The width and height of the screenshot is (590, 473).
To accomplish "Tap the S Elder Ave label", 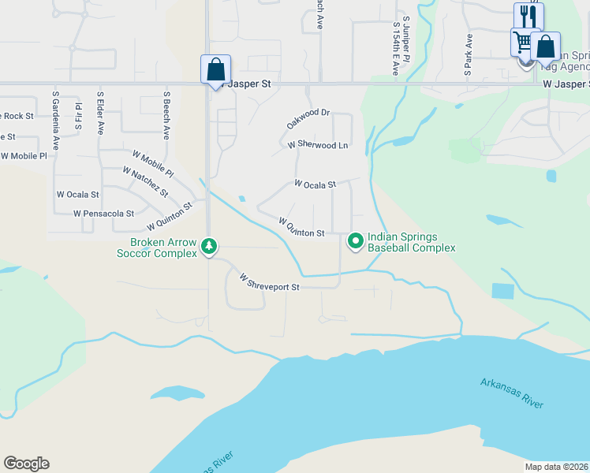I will click(x=100, y=114).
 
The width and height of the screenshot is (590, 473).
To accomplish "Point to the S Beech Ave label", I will click(x=166, y=115).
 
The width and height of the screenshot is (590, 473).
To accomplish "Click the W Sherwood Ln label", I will click(x=318, y=145).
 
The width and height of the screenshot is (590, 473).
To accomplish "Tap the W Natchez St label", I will click(x=145, y=182).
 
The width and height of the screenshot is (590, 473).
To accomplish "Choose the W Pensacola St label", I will click(x=103, y=214).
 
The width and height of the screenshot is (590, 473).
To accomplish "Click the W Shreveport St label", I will click(x=270, y=283).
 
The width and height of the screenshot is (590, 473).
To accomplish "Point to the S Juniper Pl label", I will click(x=406, y=38).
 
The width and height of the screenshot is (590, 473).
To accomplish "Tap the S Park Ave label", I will click(x=468, y=54).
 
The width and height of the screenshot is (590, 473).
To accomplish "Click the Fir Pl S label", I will click(x=78, y=115).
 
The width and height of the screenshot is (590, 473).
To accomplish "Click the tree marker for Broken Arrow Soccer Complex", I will click(x=208, y=247).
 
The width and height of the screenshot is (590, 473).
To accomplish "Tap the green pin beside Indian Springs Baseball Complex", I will click(x=355, y=241).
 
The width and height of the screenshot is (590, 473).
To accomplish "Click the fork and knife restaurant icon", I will click(x=528, y=16).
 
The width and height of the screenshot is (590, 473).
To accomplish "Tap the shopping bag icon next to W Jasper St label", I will click(x=215, y=69).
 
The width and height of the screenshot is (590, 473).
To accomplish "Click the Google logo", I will click(x=26, y=464).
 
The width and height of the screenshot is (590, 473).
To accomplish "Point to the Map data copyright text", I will click(x=556, y=467).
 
